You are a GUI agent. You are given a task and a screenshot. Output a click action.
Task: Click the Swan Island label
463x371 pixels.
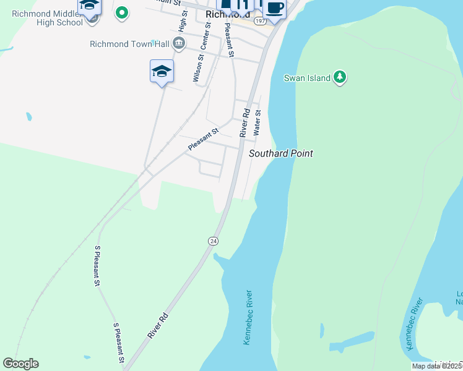pos(306,78)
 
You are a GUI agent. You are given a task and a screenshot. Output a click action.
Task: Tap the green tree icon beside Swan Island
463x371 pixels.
pos(339,77)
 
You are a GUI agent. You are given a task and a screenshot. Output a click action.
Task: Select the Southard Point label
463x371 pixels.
pos(280,153)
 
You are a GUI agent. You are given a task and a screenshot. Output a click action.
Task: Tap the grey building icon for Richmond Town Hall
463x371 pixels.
pos(179,43)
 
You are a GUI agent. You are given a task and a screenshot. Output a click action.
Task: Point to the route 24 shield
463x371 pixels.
pos(213,241)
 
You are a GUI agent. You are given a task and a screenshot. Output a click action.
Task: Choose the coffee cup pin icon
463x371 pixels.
pos(274,8)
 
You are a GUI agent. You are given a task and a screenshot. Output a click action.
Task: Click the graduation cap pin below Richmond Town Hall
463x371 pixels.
pos(162,71)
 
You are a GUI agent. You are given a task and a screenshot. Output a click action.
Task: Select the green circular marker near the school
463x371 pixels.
pos(122,12)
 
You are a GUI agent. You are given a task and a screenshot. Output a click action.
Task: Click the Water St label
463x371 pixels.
pos(258,123)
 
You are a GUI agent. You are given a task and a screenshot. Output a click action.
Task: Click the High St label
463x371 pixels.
pos(183,23)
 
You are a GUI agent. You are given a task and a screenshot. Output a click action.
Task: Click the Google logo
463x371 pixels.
pos(20,364)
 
